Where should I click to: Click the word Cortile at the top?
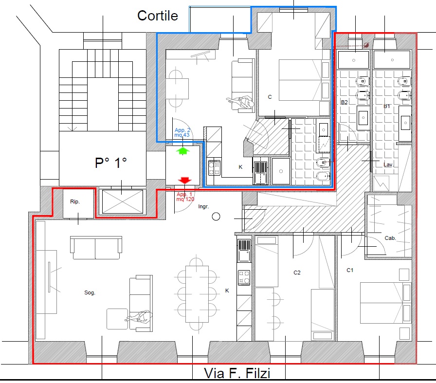tap(157, 16)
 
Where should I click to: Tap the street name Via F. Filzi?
tap(237, 373)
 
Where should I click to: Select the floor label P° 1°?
tap(111, 163)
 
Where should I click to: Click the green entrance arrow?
tap(182, 151)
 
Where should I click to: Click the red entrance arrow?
tap(184, 180)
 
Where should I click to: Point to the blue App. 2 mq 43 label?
tap(182, 132)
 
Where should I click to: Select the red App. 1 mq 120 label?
tap(185, 197)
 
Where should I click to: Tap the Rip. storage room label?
tap(75, 201)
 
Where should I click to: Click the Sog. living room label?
tap(90, 292)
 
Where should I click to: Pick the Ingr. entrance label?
tap(203, 207)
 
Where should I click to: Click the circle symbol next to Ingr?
tap(216, 217)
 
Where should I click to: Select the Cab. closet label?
tap(390, 238)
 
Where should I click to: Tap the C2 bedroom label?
tap(297, 273)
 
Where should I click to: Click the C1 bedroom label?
tap(350, 270)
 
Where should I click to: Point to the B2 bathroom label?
tap(344, 102)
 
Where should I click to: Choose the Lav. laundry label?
tap(388, 164)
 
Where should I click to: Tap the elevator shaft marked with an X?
tap(122, 201)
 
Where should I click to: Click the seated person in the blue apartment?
tap(241, 103)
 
